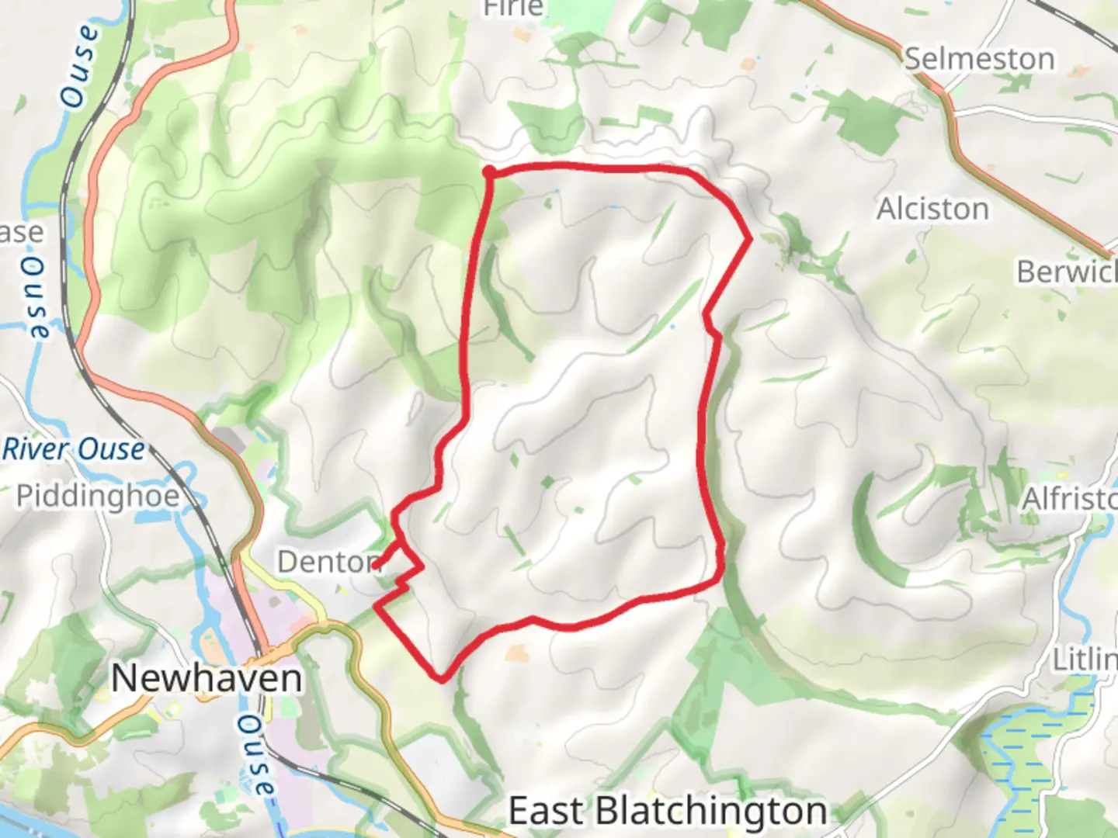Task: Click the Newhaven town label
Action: coord(207,679)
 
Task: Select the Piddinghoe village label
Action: coord(98,496)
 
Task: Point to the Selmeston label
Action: coord(980,59)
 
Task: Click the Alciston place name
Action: coord(932,209)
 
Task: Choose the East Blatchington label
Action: coord(668,812)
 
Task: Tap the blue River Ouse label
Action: coord(74,449)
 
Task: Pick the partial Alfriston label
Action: coord(1069,499)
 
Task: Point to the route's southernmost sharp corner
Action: coord(442,680)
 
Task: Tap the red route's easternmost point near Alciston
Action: coord(749,239)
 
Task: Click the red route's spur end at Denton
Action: coord(378,566)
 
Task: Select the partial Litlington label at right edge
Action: coord(1085,660)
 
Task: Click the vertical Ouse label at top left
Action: coord(81,67)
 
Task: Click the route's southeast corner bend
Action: coord(720,578)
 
